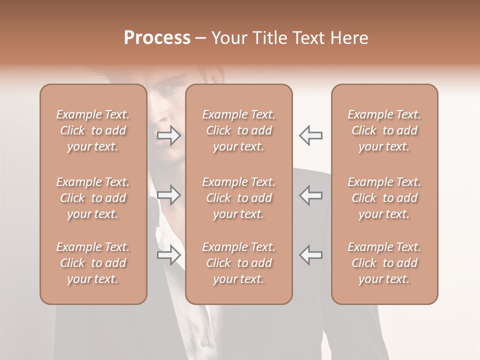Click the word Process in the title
(x=157, y=38)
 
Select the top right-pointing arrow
(x=169, y=135)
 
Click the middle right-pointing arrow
(x=169, y=195)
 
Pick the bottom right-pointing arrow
(x=169, y=255)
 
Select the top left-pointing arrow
(x=310, y=135)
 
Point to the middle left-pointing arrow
(x=310, y=195)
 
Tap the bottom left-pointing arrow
(x=310, y=255)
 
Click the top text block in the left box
(x=93, y=130)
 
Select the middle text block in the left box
(x=93, y=198)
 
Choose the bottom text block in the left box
(x=93, y=263)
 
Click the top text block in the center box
(x=239, y=130)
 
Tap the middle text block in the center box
(x=239, y=198)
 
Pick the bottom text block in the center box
(x=239, y=263)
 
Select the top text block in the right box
(x=384, y=130)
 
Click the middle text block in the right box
(x=384, y=198)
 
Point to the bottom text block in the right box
(x=384, y=263)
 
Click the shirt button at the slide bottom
(x=203, y=341)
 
